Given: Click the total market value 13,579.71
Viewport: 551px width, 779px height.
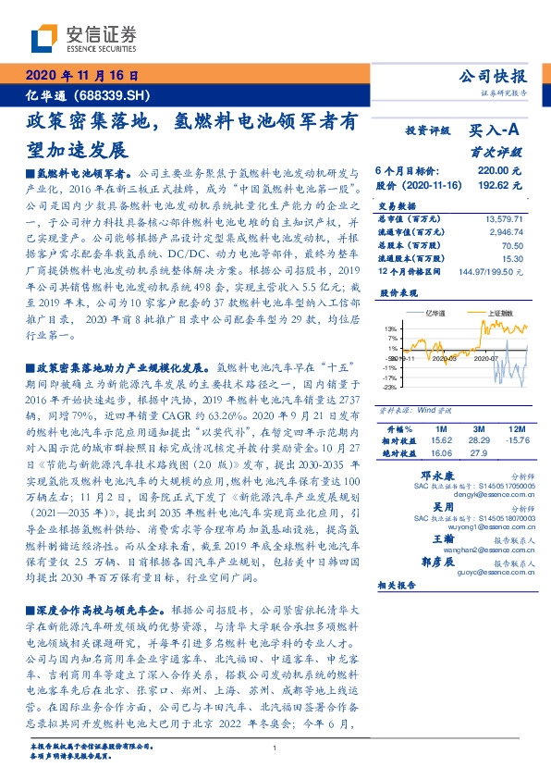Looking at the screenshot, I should (504, 217).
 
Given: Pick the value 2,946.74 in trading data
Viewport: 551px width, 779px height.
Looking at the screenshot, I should (507, 231).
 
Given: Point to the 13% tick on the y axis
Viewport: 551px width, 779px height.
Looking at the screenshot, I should (392, 328).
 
